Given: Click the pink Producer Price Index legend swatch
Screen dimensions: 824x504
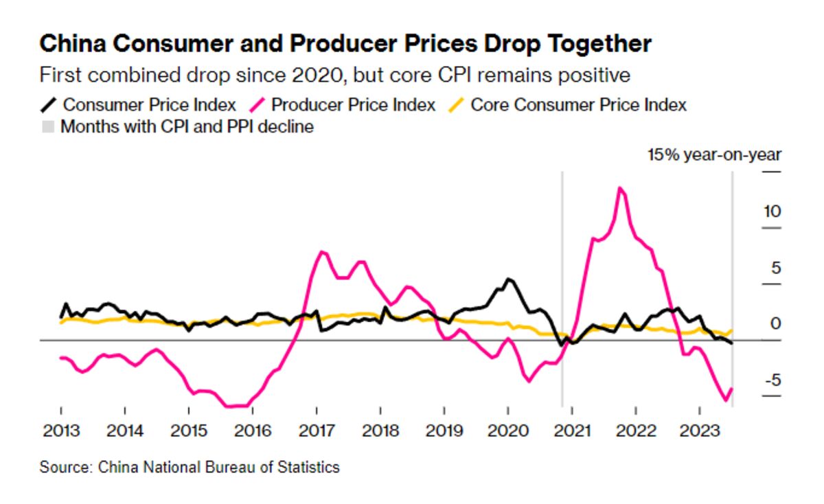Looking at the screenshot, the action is tap(257, 105).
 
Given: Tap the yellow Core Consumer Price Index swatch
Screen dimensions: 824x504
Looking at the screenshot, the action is tap(456, 105).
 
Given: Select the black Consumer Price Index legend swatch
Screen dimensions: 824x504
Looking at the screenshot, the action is tap(48, 105).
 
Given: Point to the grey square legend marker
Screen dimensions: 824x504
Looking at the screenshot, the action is tap(48, 127).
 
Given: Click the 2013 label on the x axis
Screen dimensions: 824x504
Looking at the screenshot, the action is tap(61, 431).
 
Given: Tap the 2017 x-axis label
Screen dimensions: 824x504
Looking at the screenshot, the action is tap(317, 431).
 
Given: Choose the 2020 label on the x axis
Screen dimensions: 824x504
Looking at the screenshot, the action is tap(508, 431).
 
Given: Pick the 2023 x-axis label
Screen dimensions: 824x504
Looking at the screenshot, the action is tap(699, 431).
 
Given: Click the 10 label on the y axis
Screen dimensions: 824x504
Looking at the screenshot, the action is tap(772, 211).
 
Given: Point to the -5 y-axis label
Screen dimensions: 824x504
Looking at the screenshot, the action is tap(773, 380).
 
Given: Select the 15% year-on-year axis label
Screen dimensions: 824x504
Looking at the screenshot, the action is tap(714, 155).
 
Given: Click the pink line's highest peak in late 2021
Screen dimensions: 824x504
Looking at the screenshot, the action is tap(620, 188).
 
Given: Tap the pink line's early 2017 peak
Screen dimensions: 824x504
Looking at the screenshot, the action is tap(322, 252).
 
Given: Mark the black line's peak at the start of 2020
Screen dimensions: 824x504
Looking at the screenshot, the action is tap(509, 279).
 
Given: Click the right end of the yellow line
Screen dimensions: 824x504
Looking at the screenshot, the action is tap(731, 331).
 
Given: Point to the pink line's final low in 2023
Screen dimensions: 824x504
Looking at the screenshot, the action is tap(726, 400).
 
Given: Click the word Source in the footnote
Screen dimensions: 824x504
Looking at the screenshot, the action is tap(65, 467).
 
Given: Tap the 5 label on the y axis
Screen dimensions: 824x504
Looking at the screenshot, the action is tap(776, 268).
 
